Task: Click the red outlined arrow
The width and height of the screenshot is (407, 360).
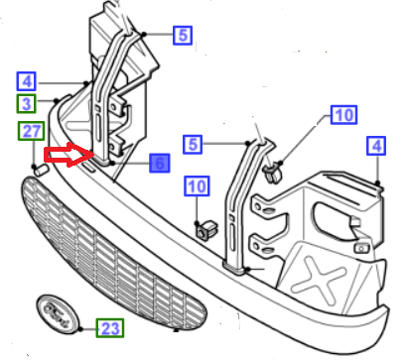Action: tap(69, 155)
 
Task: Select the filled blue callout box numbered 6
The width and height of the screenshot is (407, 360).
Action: tap(160, 163)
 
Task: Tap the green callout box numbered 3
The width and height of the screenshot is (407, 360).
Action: tap(27, 104)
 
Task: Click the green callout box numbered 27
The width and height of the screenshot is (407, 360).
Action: tap(31, 131)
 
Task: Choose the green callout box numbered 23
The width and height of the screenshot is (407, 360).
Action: tap(110, 328)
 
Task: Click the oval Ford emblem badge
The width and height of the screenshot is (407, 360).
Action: tap(58, 314)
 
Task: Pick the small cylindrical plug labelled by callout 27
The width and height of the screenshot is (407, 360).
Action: tap(42, 170)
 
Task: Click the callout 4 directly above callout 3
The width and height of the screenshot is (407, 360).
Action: tap(27, 81)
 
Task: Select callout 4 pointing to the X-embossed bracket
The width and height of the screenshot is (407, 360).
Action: tap(376, 146)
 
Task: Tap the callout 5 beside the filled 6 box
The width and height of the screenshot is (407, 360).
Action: tap(193, 145)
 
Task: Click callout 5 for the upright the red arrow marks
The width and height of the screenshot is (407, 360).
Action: tap(183, 36)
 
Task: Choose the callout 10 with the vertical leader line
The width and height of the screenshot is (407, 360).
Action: tap(197, 186)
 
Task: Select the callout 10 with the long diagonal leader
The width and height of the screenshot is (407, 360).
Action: tap(343, 115)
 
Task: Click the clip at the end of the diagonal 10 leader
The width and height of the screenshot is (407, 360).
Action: tap(273, 174)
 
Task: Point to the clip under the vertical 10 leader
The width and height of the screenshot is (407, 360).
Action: tap(205, 230)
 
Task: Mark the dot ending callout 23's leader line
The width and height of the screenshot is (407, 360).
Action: tap(81, 328)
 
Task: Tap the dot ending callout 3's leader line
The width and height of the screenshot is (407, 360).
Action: tap(57, 100)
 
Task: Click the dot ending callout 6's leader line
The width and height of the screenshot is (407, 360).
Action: tap(112, 163)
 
